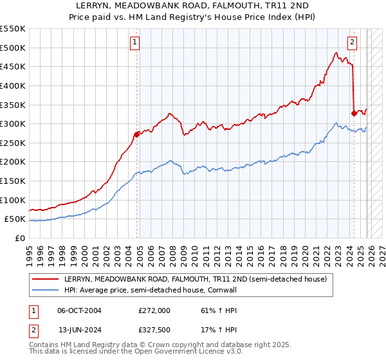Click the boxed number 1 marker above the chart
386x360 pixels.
(x=135, y=43)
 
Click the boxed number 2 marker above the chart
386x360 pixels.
(x=353, y=43)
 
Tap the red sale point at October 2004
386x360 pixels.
(x=136, y=134)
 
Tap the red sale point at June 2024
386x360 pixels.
(x=354, y=113)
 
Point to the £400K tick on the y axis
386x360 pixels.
(x=14, y=85)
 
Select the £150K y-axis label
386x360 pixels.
(x=14, y=181)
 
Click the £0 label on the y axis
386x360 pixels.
(x=21, y=238)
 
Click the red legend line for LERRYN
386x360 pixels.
(x=46, y=279)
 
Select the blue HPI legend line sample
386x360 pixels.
(x=46, y=290)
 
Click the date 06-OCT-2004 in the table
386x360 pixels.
(x=79, y=310)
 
